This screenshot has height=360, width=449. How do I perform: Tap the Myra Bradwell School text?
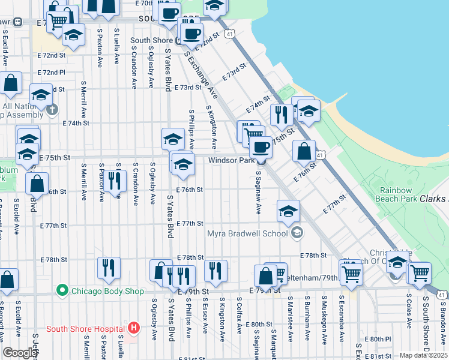pyautogui.click(x=249, y=233)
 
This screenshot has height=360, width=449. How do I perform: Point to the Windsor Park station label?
pyautogui.click(x=231, y=161)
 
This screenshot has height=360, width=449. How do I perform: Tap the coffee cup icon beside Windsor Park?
pyautogui.click(x=261, y=147)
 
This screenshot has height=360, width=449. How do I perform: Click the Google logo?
pyautogui.click(x=19, y=353)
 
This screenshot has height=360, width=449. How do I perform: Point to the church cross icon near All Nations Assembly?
pyautogui.click(x=53, y=109)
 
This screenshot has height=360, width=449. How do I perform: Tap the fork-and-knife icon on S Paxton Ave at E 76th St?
pyautogui.click(x=115, y=181)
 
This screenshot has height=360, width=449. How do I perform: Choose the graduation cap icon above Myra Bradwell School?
pyautogui.click(x=288, y=211)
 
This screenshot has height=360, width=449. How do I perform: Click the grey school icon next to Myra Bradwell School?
pyautogui.click(x=295, y=233)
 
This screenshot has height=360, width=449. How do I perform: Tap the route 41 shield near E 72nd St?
pyautogui.click(x=230, y=35)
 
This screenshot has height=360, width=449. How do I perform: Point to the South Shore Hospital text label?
pyautogui.click(x=86, y=328)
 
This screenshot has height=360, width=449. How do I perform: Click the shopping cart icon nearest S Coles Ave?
pyautogui.click(x=419, y=272)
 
